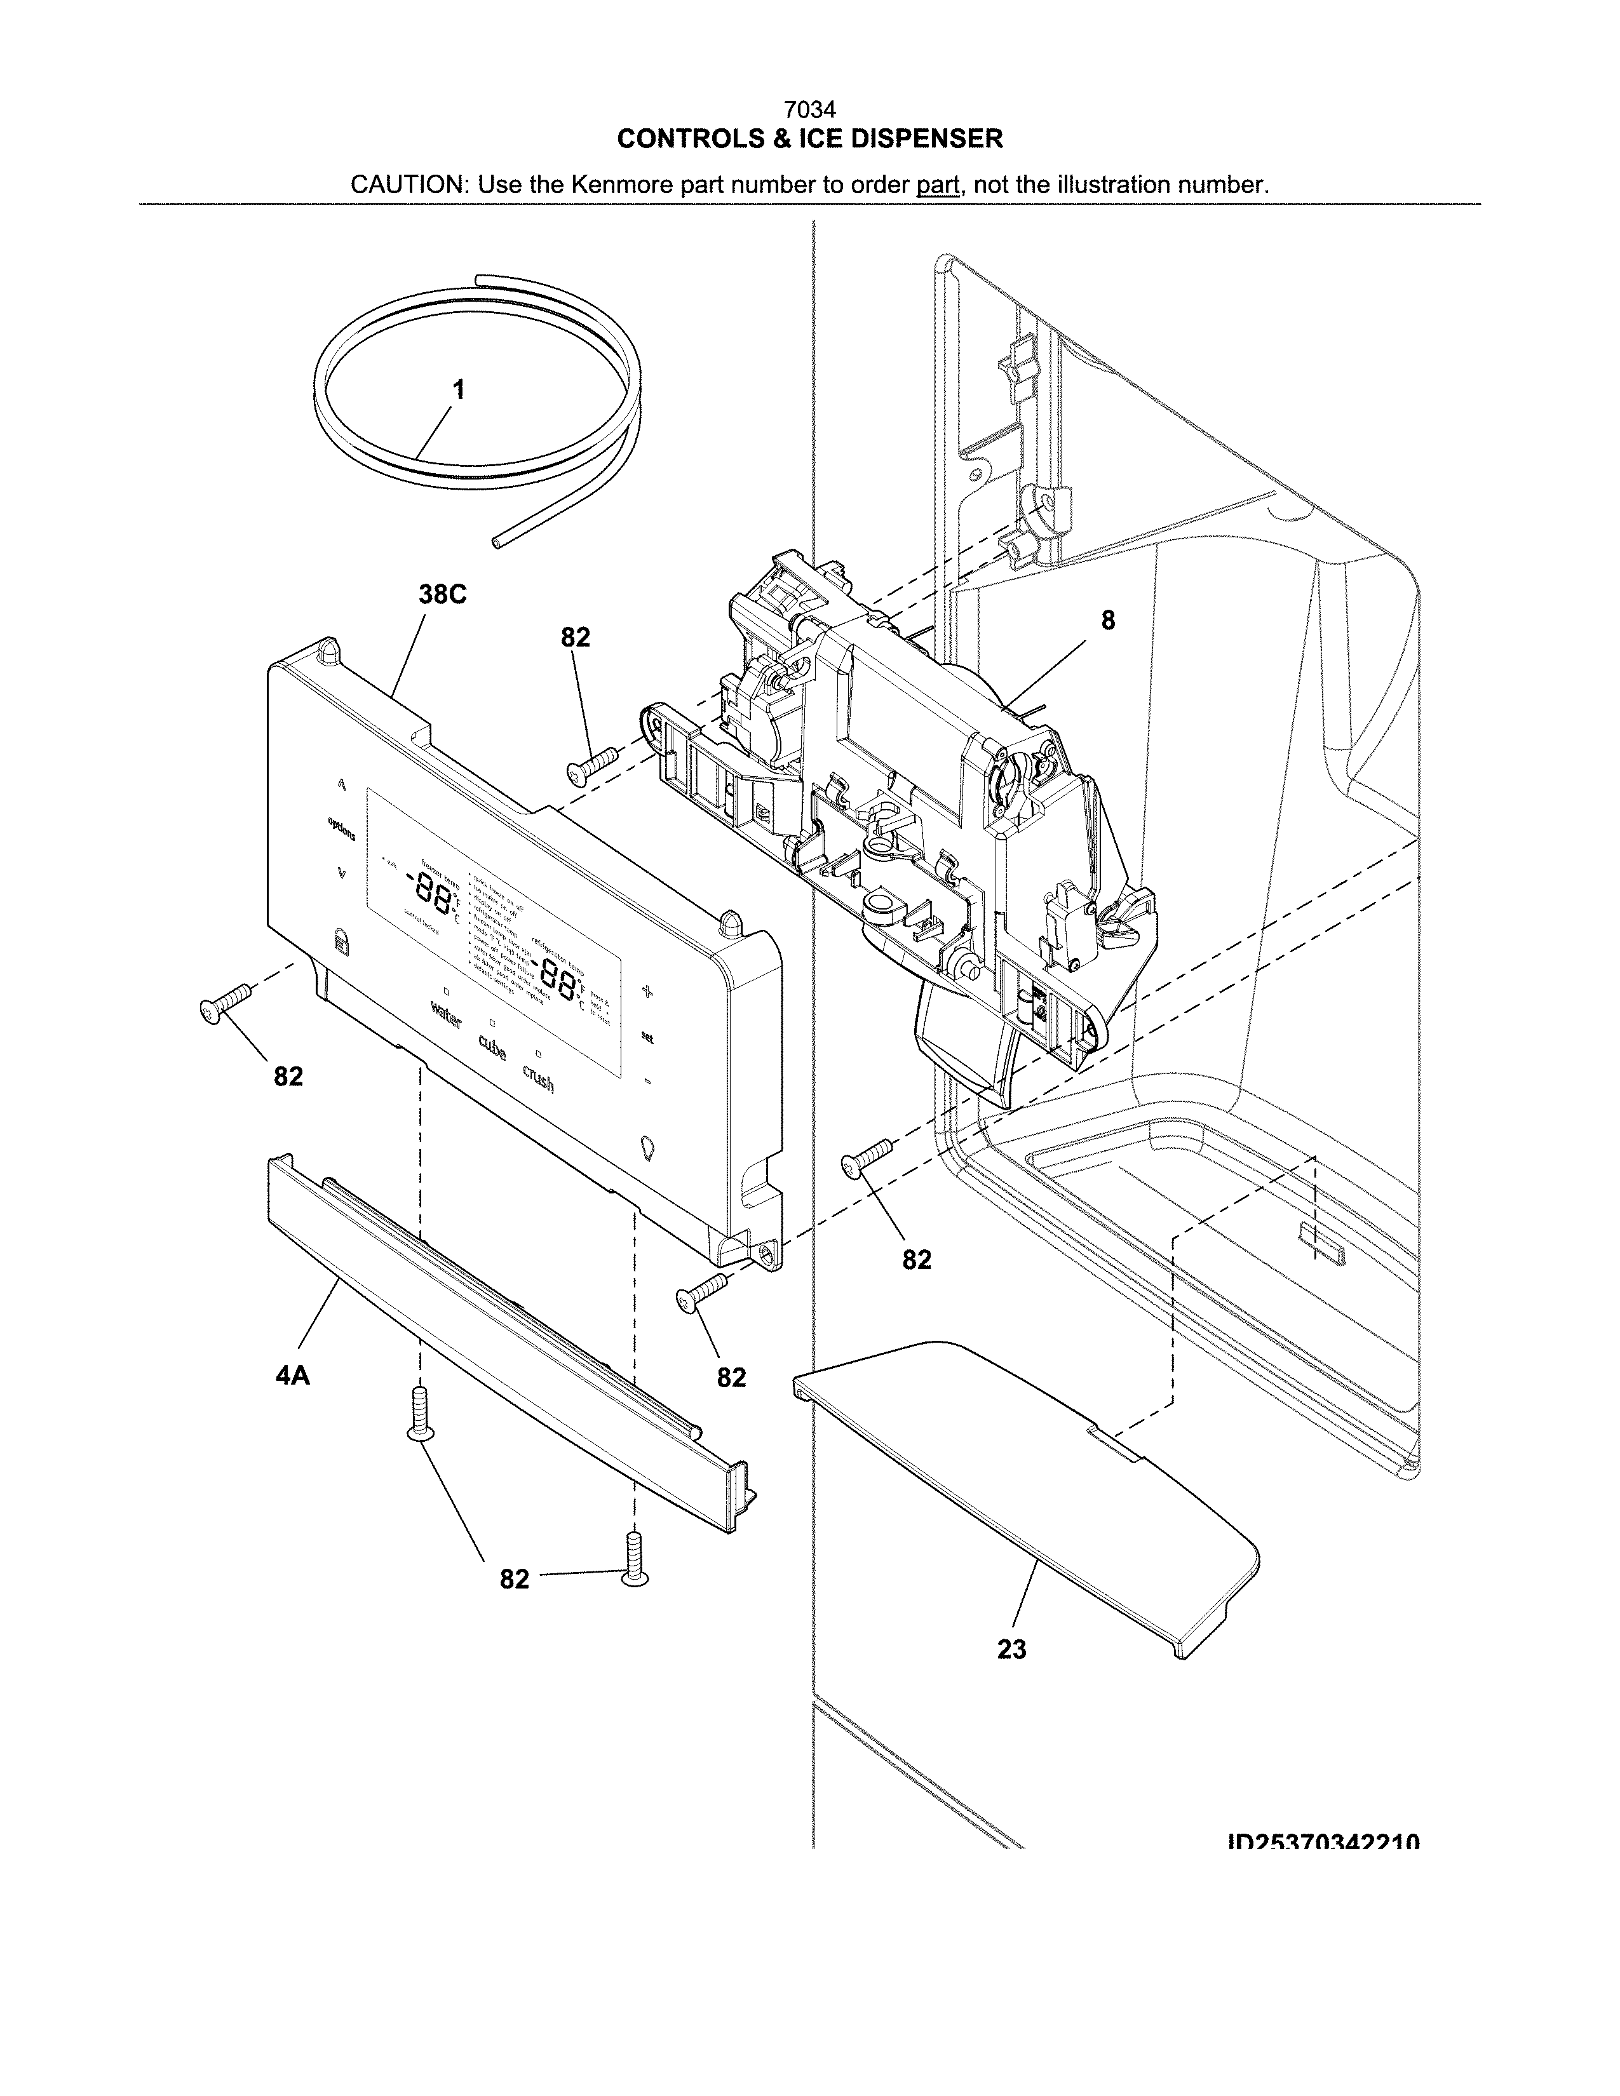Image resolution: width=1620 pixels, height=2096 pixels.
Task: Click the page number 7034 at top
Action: pos(809,111)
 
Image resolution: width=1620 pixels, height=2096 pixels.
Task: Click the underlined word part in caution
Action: pos(938,185)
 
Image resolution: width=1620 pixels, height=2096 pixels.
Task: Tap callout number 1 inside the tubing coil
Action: pos(459,389)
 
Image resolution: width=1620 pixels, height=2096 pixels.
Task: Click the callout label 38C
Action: pos(442,595)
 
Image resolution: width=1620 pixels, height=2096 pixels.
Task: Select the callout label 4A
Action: pos(293,1376)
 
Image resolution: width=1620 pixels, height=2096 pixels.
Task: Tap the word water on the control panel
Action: pos(446,1012)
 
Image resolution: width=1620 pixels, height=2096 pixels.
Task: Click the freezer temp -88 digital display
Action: pos(431,897)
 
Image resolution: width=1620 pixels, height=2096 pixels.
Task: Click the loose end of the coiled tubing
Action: pos(496,543)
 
